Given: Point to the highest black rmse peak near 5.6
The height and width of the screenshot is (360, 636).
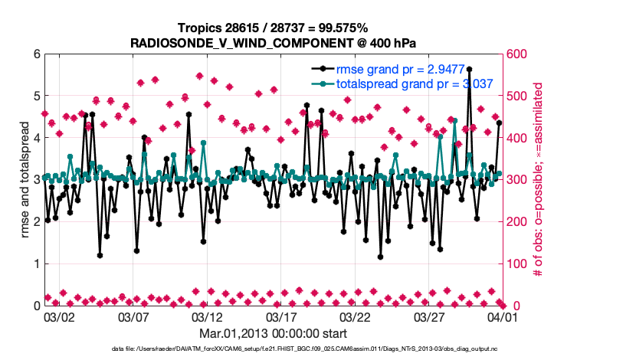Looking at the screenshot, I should click(469, 69).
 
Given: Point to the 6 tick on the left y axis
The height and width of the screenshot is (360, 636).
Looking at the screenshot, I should click(35, 54).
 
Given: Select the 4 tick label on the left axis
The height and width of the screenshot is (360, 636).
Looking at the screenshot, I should click(35, 138).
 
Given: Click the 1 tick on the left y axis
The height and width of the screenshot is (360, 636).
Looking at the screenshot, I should click(35, 263).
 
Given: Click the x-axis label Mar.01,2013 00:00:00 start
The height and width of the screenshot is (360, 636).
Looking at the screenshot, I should click(274, 333).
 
